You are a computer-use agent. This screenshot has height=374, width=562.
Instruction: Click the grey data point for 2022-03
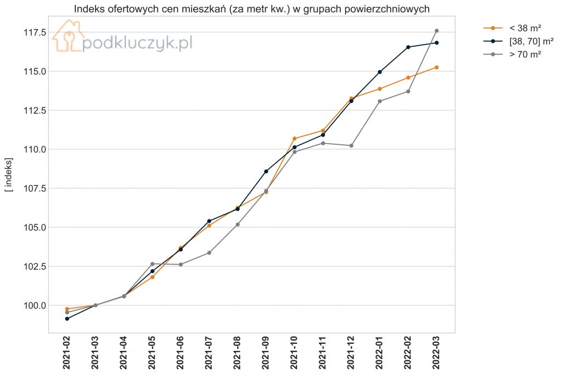pyautogui.click(x=436, y=31)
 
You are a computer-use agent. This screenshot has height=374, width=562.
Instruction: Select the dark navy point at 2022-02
pyautogui.click(x=408, y=47)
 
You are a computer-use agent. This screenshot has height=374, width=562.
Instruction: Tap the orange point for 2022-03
pyautogui.click(x=436, y=67)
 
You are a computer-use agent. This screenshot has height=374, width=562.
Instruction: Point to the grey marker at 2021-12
pyautogui.click(x=351, y=145)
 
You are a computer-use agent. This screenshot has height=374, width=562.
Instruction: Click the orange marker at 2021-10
pyautogui.click(x=295, y=138)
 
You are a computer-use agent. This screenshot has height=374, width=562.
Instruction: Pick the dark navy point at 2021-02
pyautogui.click(x=67, y=319)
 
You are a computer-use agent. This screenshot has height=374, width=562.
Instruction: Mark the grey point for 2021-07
pyautogui.click(x=209, y=253)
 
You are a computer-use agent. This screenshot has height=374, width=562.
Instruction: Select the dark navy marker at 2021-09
pyautogui.click(x=266, y=171)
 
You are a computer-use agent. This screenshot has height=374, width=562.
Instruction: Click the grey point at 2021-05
pyautogui.click(x=153, y=264)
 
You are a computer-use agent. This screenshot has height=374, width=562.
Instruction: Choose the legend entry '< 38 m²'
pyautogui.click(x=512, y=28)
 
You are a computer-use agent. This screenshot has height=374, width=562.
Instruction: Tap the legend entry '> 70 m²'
pyautogui.click(x=512, y=54)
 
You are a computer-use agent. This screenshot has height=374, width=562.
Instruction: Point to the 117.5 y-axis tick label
pyautogui.click(x=35, y=32)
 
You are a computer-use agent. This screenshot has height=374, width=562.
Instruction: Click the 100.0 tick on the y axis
pyautogui.click(x=35, y=305)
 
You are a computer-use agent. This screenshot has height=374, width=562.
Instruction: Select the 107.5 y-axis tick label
pyautogui.click(x=35, y=188)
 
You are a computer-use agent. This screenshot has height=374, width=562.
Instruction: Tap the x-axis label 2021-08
pyautogui.click(x=238, y=353)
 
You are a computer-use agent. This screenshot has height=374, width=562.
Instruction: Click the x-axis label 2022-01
pyautogui.click(x=380, y=353)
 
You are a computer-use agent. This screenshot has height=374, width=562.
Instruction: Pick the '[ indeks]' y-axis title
pyautogui.click(x=9, y=175)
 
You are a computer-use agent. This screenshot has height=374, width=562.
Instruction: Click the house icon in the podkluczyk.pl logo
pyautogui.click(x=68, y=36)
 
